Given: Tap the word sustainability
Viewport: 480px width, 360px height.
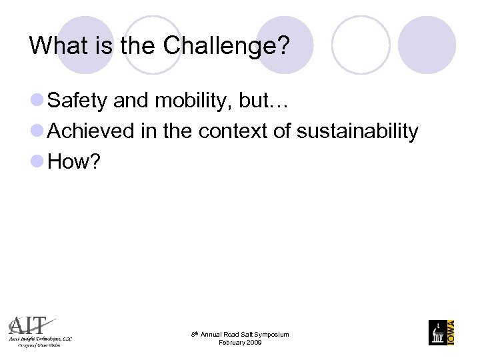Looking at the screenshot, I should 357,131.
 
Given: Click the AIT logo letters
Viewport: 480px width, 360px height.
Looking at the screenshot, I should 30,326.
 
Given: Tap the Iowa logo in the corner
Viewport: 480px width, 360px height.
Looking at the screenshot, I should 441,332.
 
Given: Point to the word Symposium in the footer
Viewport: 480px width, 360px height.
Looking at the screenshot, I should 270,335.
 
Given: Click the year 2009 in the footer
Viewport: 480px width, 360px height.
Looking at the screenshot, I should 253,343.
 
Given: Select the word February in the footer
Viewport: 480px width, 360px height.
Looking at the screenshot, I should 231,343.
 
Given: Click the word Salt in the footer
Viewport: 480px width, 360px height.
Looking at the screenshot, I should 243,335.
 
